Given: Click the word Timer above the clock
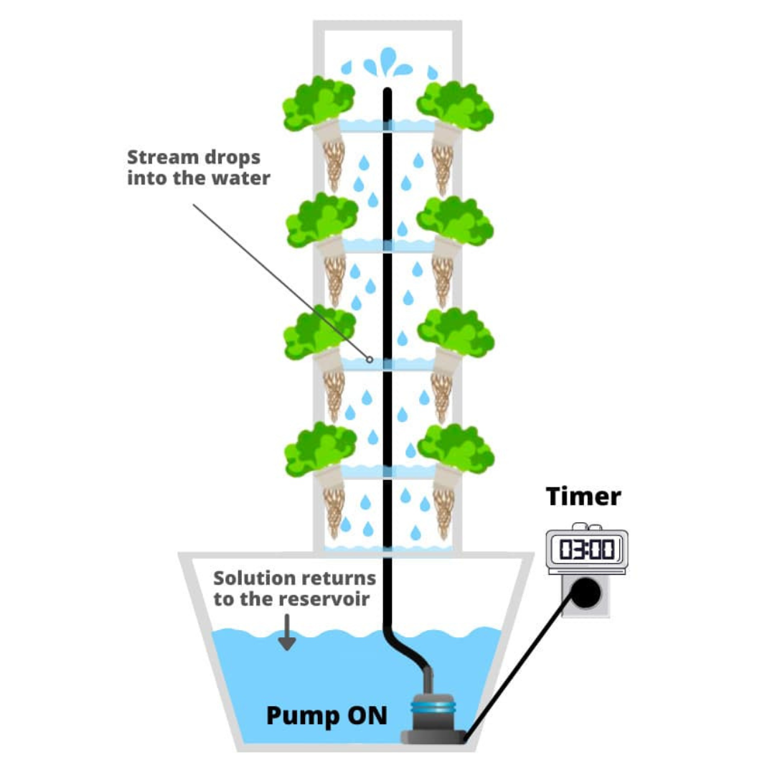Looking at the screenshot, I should tap(583, 497).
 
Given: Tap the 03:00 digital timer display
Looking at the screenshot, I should tap(587, 550).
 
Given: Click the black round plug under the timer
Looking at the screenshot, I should tap(586, 593).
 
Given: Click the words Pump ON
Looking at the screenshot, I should tap(327, 715).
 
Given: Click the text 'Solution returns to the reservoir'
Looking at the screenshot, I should tap(294, 588).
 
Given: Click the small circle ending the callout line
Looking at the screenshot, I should tap(370, 359).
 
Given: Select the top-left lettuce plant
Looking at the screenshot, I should tap(318, 103).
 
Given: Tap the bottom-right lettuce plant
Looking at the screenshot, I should tap(456, 448).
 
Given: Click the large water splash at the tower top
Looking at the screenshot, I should tap(387, 63).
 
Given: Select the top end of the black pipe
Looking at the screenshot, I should tap(387, 92).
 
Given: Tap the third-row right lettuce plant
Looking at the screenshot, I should tap(456, 332).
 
